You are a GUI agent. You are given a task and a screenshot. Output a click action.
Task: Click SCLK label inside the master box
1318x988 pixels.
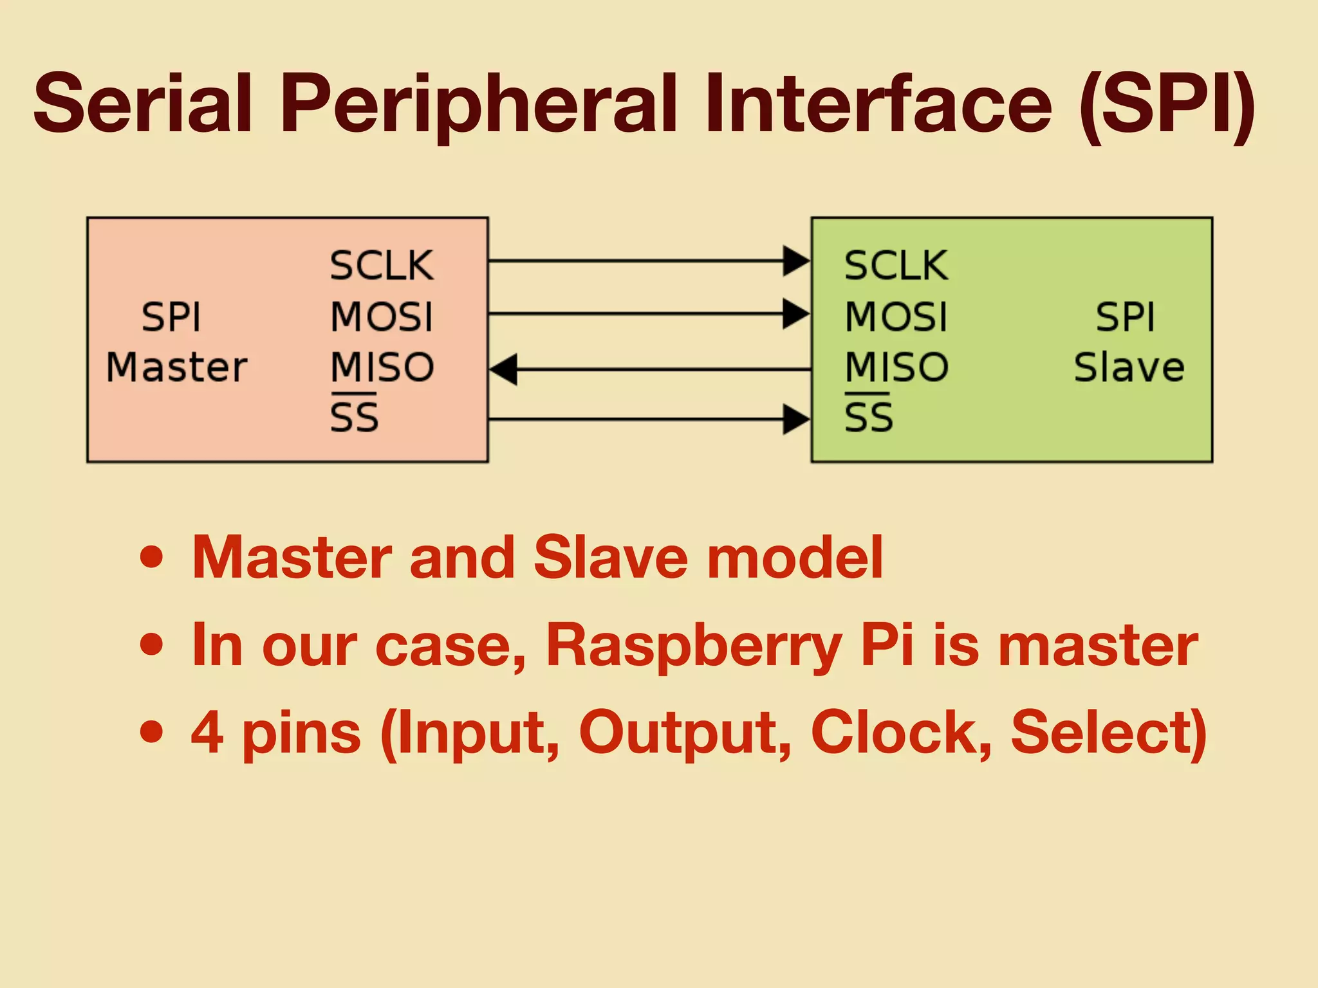(382, 266)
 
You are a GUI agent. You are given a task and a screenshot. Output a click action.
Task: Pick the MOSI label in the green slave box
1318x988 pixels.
(896, 317)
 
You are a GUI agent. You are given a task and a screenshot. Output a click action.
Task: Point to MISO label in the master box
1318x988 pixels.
(382, 367)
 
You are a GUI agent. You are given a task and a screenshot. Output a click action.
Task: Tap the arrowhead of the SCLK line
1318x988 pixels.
(796, 261)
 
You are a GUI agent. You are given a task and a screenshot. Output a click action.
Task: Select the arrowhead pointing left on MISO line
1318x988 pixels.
(504, 370)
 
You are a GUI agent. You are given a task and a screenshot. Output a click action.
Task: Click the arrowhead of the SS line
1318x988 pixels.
(796, 419)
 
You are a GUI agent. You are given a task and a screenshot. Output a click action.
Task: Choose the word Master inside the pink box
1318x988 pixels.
(176, 367)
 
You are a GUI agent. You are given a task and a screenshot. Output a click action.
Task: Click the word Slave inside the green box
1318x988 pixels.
(1129, 367)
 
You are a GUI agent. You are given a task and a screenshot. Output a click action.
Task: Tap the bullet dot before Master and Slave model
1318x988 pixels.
(152, 557)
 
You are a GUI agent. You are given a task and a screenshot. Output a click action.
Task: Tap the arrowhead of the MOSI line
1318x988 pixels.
(796, 314)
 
